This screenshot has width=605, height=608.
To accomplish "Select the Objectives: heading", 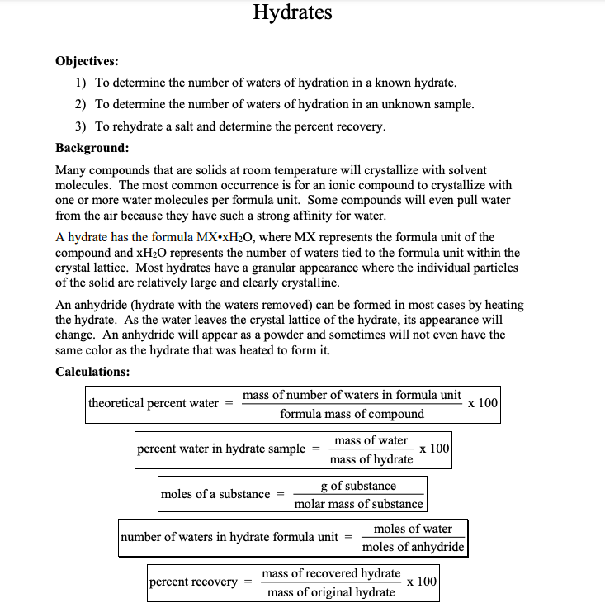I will (87, 61).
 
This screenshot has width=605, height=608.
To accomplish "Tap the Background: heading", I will (92, 148).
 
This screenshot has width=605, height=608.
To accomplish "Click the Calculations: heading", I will (92, 371).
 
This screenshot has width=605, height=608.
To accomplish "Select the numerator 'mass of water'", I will (371, 440).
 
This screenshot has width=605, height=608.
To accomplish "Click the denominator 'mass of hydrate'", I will (371, 459).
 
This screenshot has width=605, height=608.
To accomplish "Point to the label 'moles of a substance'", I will (215, 494).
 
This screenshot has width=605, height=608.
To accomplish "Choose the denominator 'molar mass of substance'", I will (359, 504).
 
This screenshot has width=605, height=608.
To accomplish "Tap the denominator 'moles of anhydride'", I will (414, 547).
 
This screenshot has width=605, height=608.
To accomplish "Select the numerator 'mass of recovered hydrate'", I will (331, 573).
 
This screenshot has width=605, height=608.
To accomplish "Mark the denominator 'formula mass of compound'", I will (352, 414).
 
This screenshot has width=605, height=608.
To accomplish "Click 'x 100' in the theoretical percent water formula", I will (483, 403).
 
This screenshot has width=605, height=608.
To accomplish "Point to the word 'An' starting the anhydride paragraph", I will (64, 305).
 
